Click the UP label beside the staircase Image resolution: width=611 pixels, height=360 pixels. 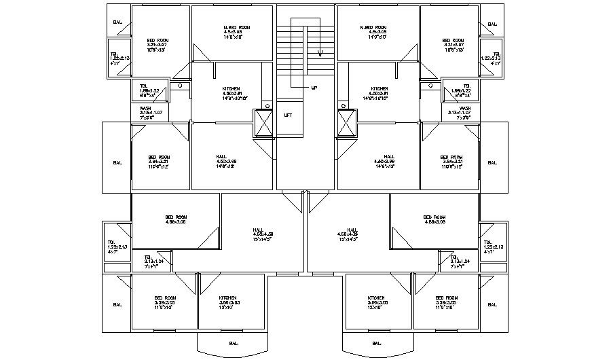[x=314, y=88]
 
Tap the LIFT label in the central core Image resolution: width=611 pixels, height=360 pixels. [x=288, y=115]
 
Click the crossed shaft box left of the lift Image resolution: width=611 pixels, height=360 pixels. [x=262, y=122]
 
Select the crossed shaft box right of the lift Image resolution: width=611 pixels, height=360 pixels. [x=348, y=122]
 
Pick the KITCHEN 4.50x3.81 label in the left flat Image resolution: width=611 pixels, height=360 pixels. [x=231, y=92]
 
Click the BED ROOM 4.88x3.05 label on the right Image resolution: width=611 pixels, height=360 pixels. [x=434, y=219]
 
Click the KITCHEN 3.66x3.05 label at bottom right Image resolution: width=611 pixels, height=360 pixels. [x=377, y=301]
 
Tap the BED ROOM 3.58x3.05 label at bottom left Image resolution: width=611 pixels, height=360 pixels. [x=165, y=301]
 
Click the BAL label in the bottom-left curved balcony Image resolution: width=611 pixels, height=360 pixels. [x=234, y=342]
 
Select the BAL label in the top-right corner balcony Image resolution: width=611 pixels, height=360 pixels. [x=492, y=24]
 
